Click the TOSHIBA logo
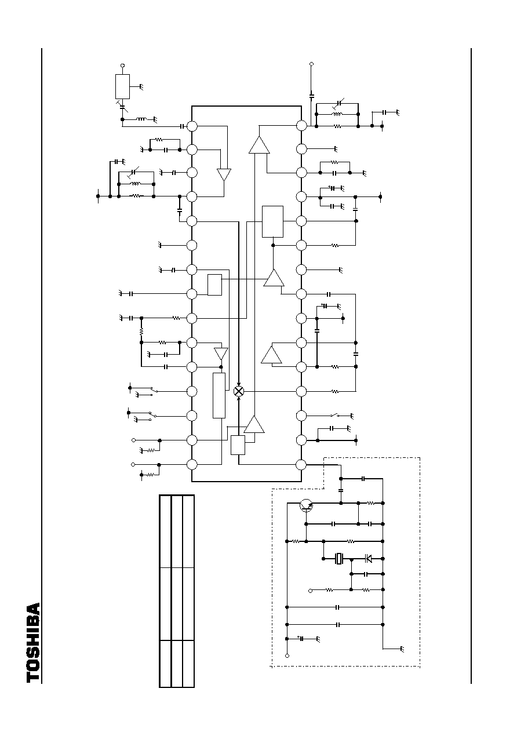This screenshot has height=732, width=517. coord(34,643)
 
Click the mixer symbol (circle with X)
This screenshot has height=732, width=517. coord(239,391)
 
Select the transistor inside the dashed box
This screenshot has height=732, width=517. coord(306,506)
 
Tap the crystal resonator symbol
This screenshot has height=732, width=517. coord(340,559)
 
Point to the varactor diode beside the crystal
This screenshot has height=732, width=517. coord(368,559)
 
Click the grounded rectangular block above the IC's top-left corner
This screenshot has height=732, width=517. coord(122,86)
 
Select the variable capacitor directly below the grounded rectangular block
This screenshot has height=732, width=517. coord(122,106)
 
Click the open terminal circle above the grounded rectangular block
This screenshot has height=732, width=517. coord(122,65)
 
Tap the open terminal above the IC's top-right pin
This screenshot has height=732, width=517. coord(311,64)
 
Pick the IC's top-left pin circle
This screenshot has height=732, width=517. coord(192,126)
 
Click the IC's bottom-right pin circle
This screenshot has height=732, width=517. coord(301,464)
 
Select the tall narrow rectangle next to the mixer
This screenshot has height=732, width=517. coord(219,395)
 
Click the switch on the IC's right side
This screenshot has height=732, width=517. coord(334,416)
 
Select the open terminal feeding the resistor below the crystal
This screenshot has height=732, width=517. coord(311,591)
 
